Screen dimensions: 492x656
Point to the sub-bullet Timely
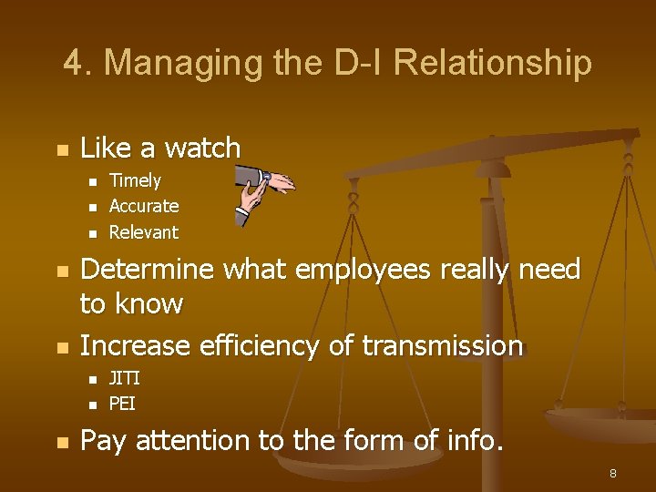[x=135, y=180]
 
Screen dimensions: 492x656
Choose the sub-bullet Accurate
[x=144, y=206]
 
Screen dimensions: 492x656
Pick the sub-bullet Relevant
[x=144, y=231]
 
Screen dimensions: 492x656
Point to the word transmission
[x=443, y=346]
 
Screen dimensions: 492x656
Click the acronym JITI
[x=124, y=377]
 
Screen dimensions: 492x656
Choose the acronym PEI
[x=122, y=402]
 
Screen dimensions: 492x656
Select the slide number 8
[x=613, y=473]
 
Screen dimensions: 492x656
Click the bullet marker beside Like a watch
[x=61, y=149]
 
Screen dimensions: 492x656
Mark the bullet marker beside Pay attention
[x=61, y=443]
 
